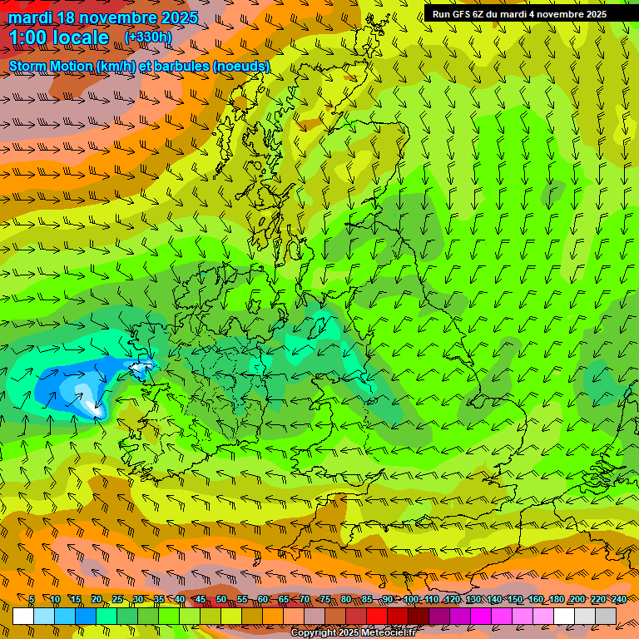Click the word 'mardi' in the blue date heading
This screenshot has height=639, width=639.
32,17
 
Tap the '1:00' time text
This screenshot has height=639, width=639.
30,37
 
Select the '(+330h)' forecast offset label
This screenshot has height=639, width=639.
149,37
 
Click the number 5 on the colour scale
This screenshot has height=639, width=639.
32,600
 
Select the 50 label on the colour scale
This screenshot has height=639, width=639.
221,600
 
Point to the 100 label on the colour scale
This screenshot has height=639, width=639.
411,600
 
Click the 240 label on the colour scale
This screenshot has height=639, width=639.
619,600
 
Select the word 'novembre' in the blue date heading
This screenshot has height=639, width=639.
116,17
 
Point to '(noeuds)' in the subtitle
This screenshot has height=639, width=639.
240,66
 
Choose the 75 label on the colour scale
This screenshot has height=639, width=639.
325,600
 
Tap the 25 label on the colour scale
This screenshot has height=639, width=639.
116,600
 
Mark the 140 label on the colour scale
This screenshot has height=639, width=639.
494,600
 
